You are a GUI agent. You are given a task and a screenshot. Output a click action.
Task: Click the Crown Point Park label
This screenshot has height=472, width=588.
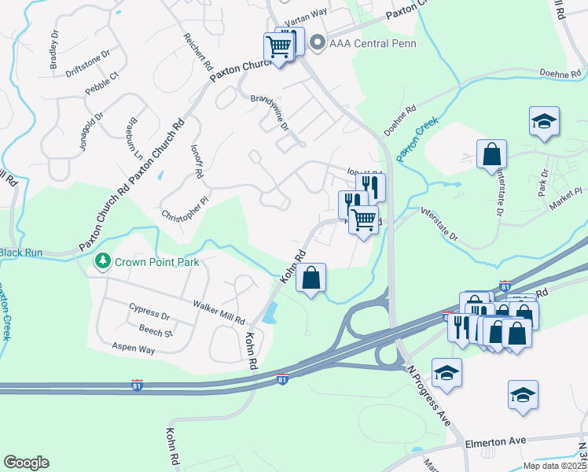(x=156, y=262)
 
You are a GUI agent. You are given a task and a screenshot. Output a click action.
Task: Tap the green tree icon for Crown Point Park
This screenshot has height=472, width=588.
(x=101, y=261)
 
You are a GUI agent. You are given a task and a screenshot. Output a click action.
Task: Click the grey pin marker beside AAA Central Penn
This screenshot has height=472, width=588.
(x=318, y=42)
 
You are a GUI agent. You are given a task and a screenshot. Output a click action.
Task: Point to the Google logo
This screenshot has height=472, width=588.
(x=26, y=463)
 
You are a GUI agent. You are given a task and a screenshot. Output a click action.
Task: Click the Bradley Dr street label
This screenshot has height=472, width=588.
(x=55, y=55)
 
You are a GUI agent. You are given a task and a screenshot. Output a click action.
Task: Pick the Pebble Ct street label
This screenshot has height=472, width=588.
(x=101, y=83)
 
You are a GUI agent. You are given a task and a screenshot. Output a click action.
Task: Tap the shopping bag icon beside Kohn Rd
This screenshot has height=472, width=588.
(x=311, y=278)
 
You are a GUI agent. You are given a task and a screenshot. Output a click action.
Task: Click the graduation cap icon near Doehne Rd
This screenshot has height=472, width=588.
(x=543, y=121)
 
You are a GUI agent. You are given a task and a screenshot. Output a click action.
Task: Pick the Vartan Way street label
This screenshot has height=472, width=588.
(x=305, y=13)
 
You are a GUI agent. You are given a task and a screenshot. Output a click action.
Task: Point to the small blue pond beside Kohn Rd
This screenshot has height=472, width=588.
(x=270, y=313)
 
